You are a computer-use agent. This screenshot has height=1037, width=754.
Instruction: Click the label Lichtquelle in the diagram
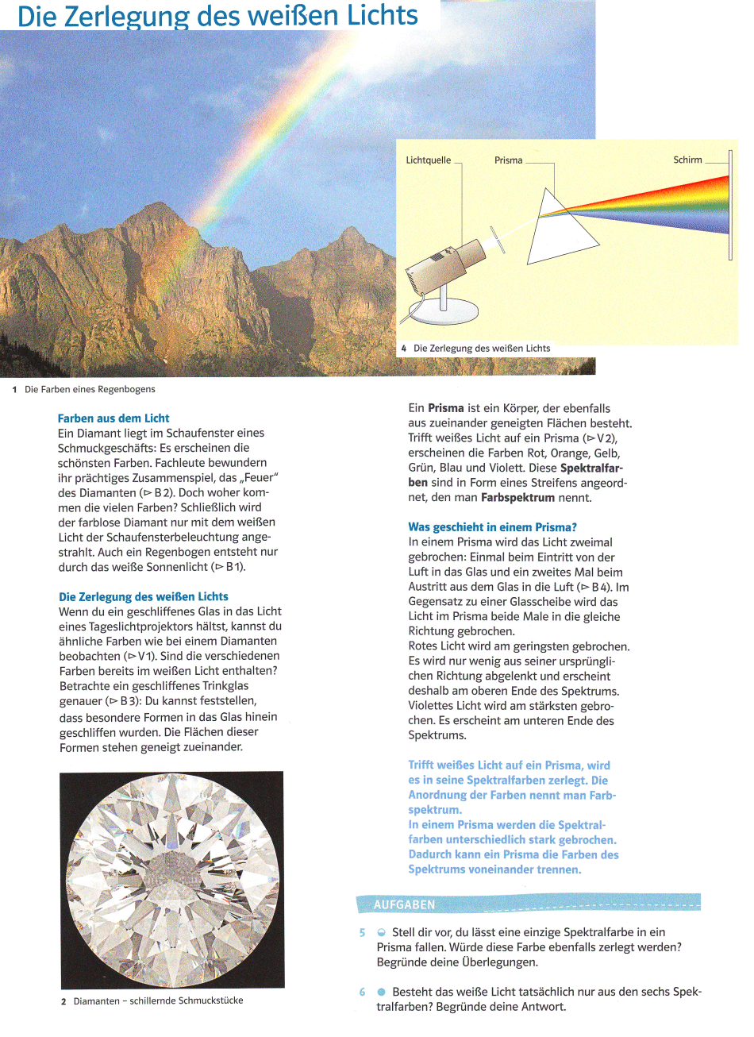[428, 160]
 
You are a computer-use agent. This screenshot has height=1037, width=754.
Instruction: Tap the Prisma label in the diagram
[508, 160]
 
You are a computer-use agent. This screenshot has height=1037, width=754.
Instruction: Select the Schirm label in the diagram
[687, 160]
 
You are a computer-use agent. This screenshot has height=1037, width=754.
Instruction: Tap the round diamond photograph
[171, 880]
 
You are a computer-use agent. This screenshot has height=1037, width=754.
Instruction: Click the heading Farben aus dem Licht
[113, 418]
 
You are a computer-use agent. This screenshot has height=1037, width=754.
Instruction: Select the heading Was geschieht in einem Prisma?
[492, 527]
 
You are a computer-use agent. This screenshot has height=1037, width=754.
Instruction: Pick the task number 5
[362, 933]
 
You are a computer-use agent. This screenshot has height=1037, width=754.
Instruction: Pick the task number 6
[362, 993]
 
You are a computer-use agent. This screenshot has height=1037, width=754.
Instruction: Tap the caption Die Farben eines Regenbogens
[90, 390]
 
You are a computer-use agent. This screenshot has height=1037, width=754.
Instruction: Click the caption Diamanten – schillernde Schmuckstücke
[158, 1001]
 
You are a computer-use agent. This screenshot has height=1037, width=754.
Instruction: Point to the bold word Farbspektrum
[517, 498]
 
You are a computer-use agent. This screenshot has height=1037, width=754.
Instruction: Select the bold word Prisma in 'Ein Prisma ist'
[445, 408]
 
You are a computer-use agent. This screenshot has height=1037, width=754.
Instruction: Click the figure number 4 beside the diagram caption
[404, 349]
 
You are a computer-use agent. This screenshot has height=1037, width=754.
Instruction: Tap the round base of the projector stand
[444, 312]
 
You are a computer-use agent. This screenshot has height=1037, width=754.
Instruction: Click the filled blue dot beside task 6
[382, 993]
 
